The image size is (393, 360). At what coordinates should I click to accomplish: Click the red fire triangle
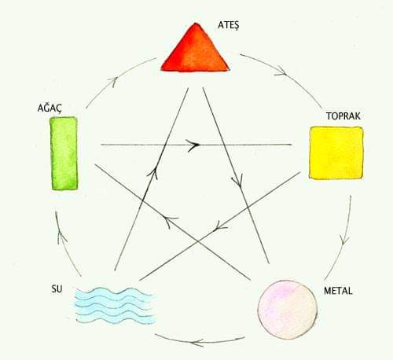tap(195, 51)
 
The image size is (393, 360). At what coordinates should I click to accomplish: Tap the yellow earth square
tap(336, 153)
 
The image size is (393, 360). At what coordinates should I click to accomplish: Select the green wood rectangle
tap(64, 153)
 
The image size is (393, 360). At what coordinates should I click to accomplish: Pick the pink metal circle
tap(288, 310)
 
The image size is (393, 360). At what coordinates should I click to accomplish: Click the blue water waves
tap(116, 306)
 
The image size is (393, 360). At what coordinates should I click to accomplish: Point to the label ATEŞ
tap(229, 25)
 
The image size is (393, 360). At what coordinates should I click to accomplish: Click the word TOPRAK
tap(343, 116)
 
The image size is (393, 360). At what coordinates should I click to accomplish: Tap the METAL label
tap(338, 291)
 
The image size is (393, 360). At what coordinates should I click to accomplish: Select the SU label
tap(57, 289)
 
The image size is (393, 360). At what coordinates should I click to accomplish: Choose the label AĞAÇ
tap(50, 108)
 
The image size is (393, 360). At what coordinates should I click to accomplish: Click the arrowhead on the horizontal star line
tap(193, 145)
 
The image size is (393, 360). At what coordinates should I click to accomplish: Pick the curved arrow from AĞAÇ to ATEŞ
tap(116, 79)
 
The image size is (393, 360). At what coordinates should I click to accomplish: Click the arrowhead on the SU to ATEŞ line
tap(153, 173)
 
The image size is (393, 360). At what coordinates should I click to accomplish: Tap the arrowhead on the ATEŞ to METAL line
tap(237, 181)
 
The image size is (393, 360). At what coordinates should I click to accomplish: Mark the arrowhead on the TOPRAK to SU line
tap(219, 227)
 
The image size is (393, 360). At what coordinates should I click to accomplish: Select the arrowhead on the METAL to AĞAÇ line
tap(170, 221)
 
